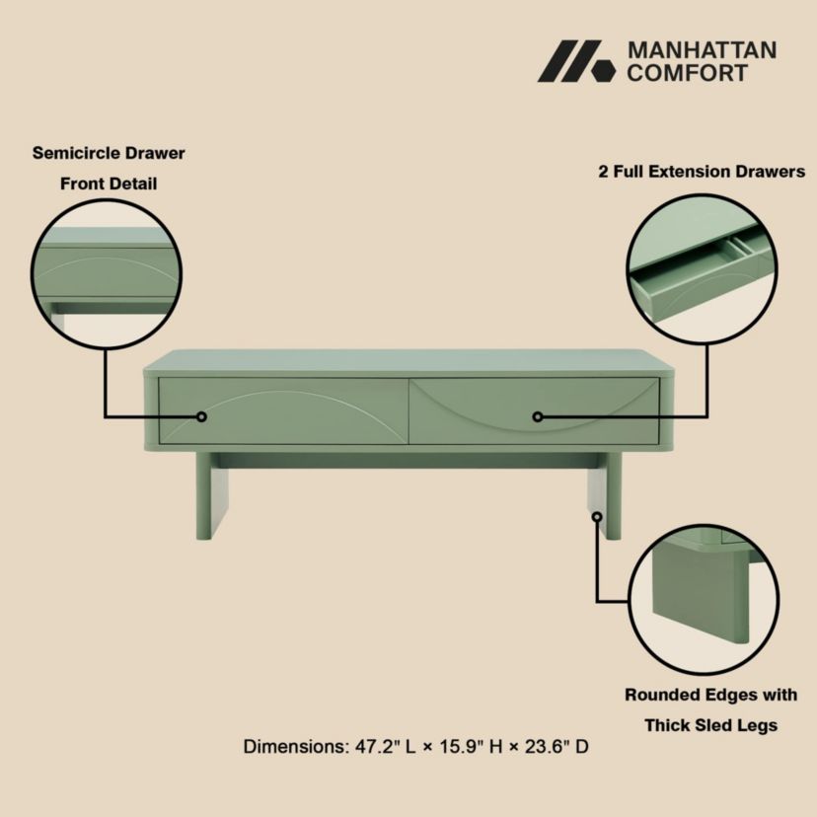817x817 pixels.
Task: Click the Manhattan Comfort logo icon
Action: click(x=575, y=61)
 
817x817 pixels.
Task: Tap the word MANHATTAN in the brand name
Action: click(x=702, y=49)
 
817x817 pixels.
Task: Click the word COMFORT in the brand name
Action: click(x=687, y=73)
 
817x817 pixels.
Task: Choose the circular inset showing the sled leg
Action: click(x=698, y=599)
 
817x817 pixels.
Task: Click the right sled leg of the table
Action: click(x=604, y=498)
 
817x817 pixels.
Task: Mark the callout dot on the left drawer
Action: click(x=201, y=416)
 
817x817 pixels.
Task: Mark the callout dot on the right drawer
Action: click(x=539, y=416)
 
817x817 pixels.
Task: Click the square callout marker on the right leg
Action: click(x=596, y=515)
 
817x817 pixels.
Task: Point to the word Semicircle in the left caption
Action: click(x=76, y=153)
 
